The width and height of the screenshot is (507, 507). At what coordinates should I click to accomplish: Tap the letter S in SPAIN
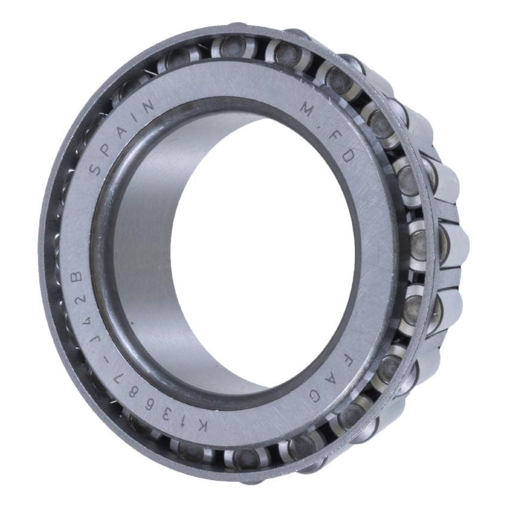tap(95, 171)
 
